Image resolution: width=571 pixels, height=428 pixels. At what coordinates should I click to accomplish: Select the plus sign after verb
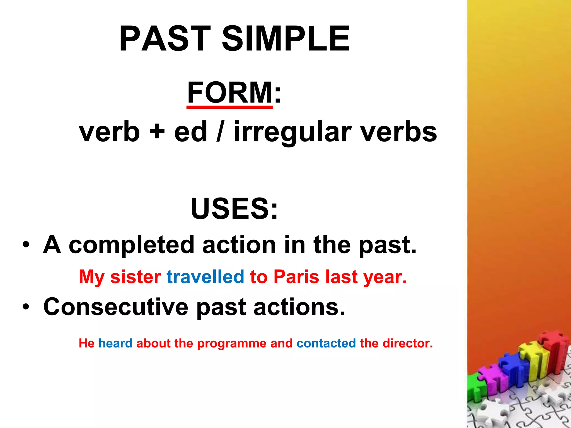pos(157,131)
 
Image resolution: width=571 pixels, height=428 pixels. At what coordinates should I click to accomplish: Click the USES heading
pos(234,208)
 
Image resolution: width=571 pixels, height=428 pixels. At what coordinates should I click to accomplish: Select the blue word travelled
pos(205,277)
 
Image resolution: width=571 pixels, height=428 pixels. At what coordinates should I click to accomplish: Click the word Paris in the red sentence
pos(296,277)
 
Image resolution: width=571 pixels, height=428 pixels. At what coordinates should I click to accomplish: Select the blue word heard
pos(115,343)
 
